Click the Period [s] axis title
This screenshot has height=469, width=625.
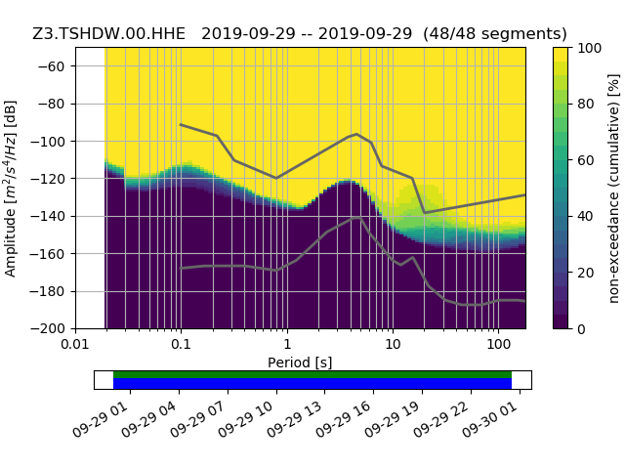click(300, 362)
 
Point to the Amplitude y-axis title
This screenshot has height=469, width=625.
click(11, 188)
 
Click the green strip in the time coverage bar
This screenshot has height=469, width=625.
click(312, 374)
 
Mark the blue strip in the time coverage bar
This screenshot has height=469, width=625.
click(312, 384)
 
